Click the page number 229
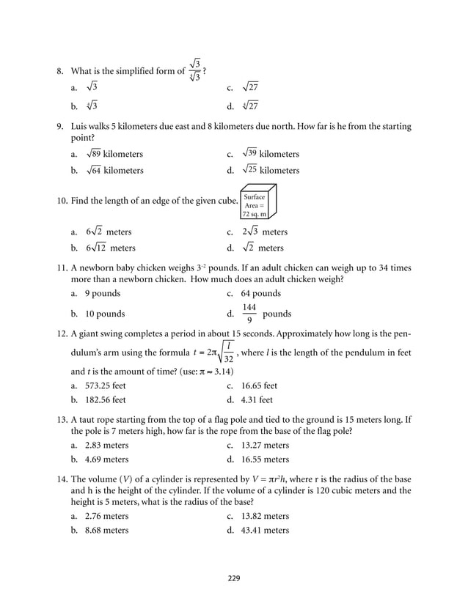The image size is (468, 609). [233, 578]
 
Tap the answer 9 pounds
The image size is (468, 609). [103, 293]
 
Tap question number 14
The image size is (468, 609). [62, 479]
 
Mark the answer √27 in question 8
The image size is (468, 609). [249, 88]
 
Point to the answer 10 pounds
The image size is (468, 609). [105, 314]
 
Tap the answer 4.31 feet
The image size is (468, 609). [257, 400]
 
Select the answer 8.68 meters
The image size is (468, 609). [106, 530]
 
